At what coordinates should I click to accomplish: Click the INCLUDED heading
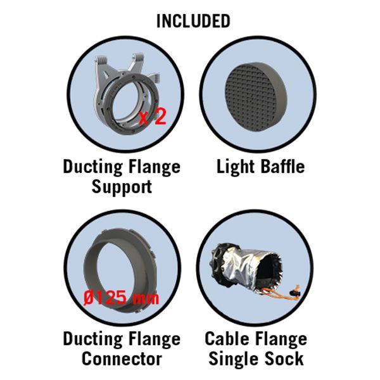[193, 21]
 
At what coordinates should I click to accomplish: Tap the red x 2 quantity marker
[153, 117]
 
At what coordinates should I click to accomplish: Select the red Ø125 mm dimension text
[121, 298]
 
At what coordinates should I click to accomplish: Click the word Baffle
[282, 167]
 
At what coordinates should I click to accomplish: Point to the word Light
[235, 168]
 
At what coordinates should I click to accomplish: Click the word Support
[122, 187]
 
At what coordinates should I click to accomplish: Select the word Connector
[122, 358]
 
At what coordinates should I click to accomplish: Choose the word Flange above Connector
[155, 339]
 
